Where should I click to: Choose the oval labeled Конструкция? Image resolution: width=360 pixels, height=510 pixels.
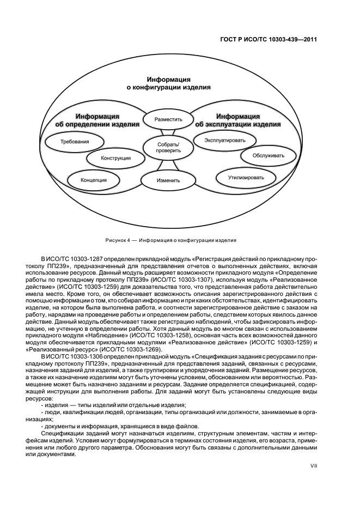(x=116, y=159)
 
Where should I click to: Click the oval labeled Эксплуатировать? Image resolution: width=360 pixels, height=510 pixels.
(x=225, y=140)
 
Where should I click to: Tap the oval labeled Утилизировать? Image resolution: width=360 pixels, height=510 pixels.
(x=246, y=178)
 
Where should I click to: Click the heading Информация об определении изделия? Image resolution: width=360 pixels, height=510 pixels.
(x=98, y=120)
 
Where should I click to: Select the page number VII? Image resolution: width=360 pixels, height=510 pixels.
(x=314, y=465)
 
